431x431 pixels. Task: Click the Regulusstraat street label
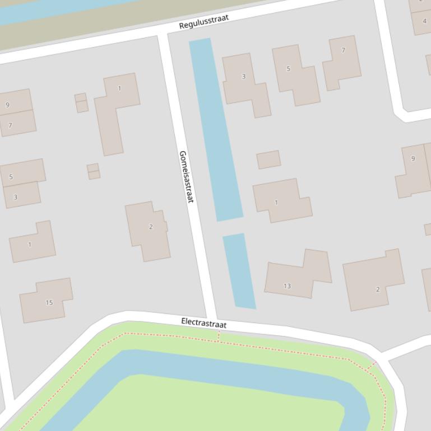tap(204, 22)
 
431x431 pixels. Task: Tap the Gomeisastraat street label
tap(186, 176)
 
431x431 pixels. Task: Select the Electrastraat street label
tap(204, 324)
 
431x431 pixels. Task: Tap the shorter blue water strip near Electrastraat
tap(239, 271)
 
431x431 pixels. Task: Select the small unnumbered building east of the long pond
tap(268, 160)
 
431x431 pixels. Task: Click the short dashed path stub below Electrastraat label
tap(219, 336)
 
